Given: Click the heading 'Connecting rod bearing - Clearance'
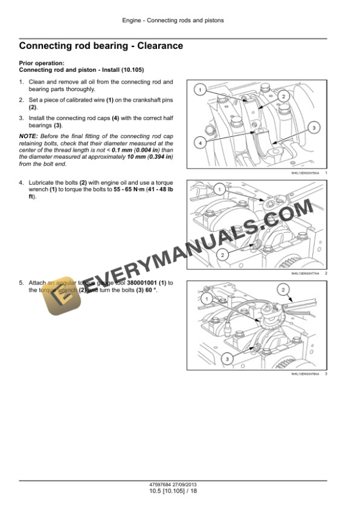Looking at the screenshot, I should tap(101, 45).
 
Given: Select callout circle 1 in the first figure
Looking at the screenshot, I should tap(200, 90).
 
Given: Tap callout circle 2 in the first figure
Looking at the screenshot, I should tap(283, 96).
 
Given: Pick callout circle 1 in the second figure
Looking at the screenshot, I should tap(218, 189).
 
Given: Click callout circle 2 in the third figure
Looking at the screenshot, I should tap(283, 290).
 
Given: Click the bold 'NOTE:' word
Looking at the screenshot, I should tap(28, 136).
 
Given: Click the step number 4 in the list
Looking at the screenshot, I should tap(21, 183).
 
